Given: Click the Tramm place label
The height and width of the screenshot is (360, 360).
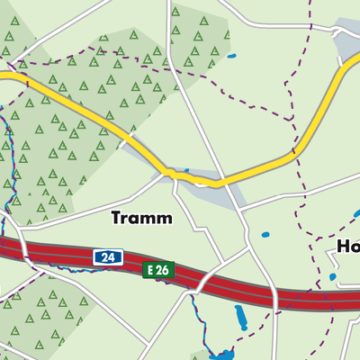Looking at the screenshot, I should tap(140, 218).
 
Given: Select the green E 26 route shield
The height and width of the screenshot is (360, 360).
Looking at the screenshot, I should tap(157, 269).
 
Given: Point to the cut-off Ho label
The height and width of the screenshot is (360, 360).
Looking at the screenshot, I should tap(347, 247).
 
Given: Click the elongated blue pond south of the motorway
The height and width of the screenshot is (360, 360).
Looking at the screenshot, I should tap(240, 316).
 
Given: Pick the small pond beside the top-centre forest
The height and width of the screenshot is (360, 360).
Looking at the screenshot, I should tap(231, 57).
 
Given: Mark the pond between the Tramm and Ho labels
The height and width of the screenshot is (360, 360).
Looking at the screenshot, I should tap(265, 236).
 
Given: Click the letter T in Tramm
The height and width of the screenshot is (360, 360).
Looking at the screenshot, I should tap(116, 218).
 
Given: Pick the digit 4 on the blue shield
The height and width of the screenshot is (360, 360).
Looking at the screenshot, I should tap(112, 258).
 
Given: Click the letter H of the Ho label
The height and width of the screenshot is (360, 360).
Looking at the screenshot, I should tap(343, 247).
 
